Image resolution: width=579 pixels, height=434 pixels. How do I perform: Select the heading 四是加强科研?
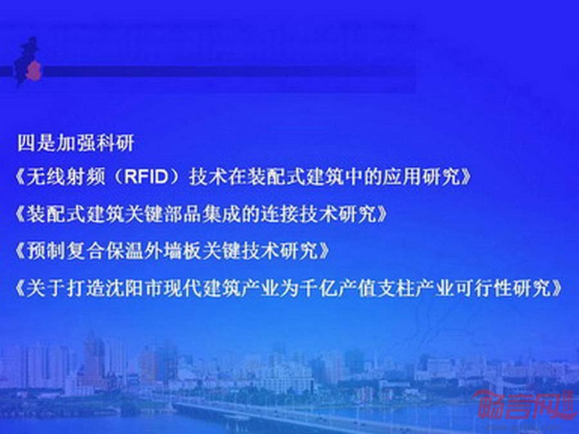click(75, 143)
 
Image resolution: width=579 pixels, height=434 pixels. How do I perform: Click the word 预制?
click(46, 251)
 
